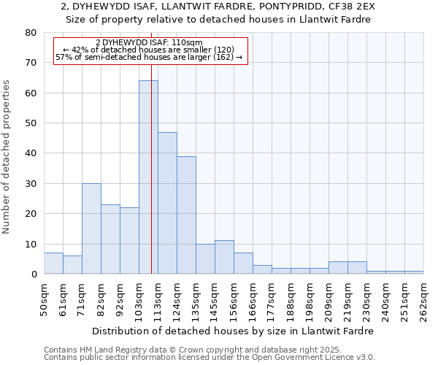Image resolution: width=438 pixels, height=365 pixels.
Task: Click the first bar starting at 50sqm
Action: [53, 264]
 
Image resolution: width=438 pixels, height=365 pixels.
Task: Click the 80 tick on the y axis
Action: [31, 33]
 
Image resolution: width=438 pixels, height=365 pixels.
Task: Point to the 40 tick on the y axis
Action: [31, 153]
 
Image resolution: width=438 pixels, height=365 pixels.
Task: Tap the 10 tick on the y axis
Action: [31, 244]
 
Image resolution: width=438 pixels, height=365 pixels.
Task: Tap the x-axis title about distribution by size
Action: [233, 331]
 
